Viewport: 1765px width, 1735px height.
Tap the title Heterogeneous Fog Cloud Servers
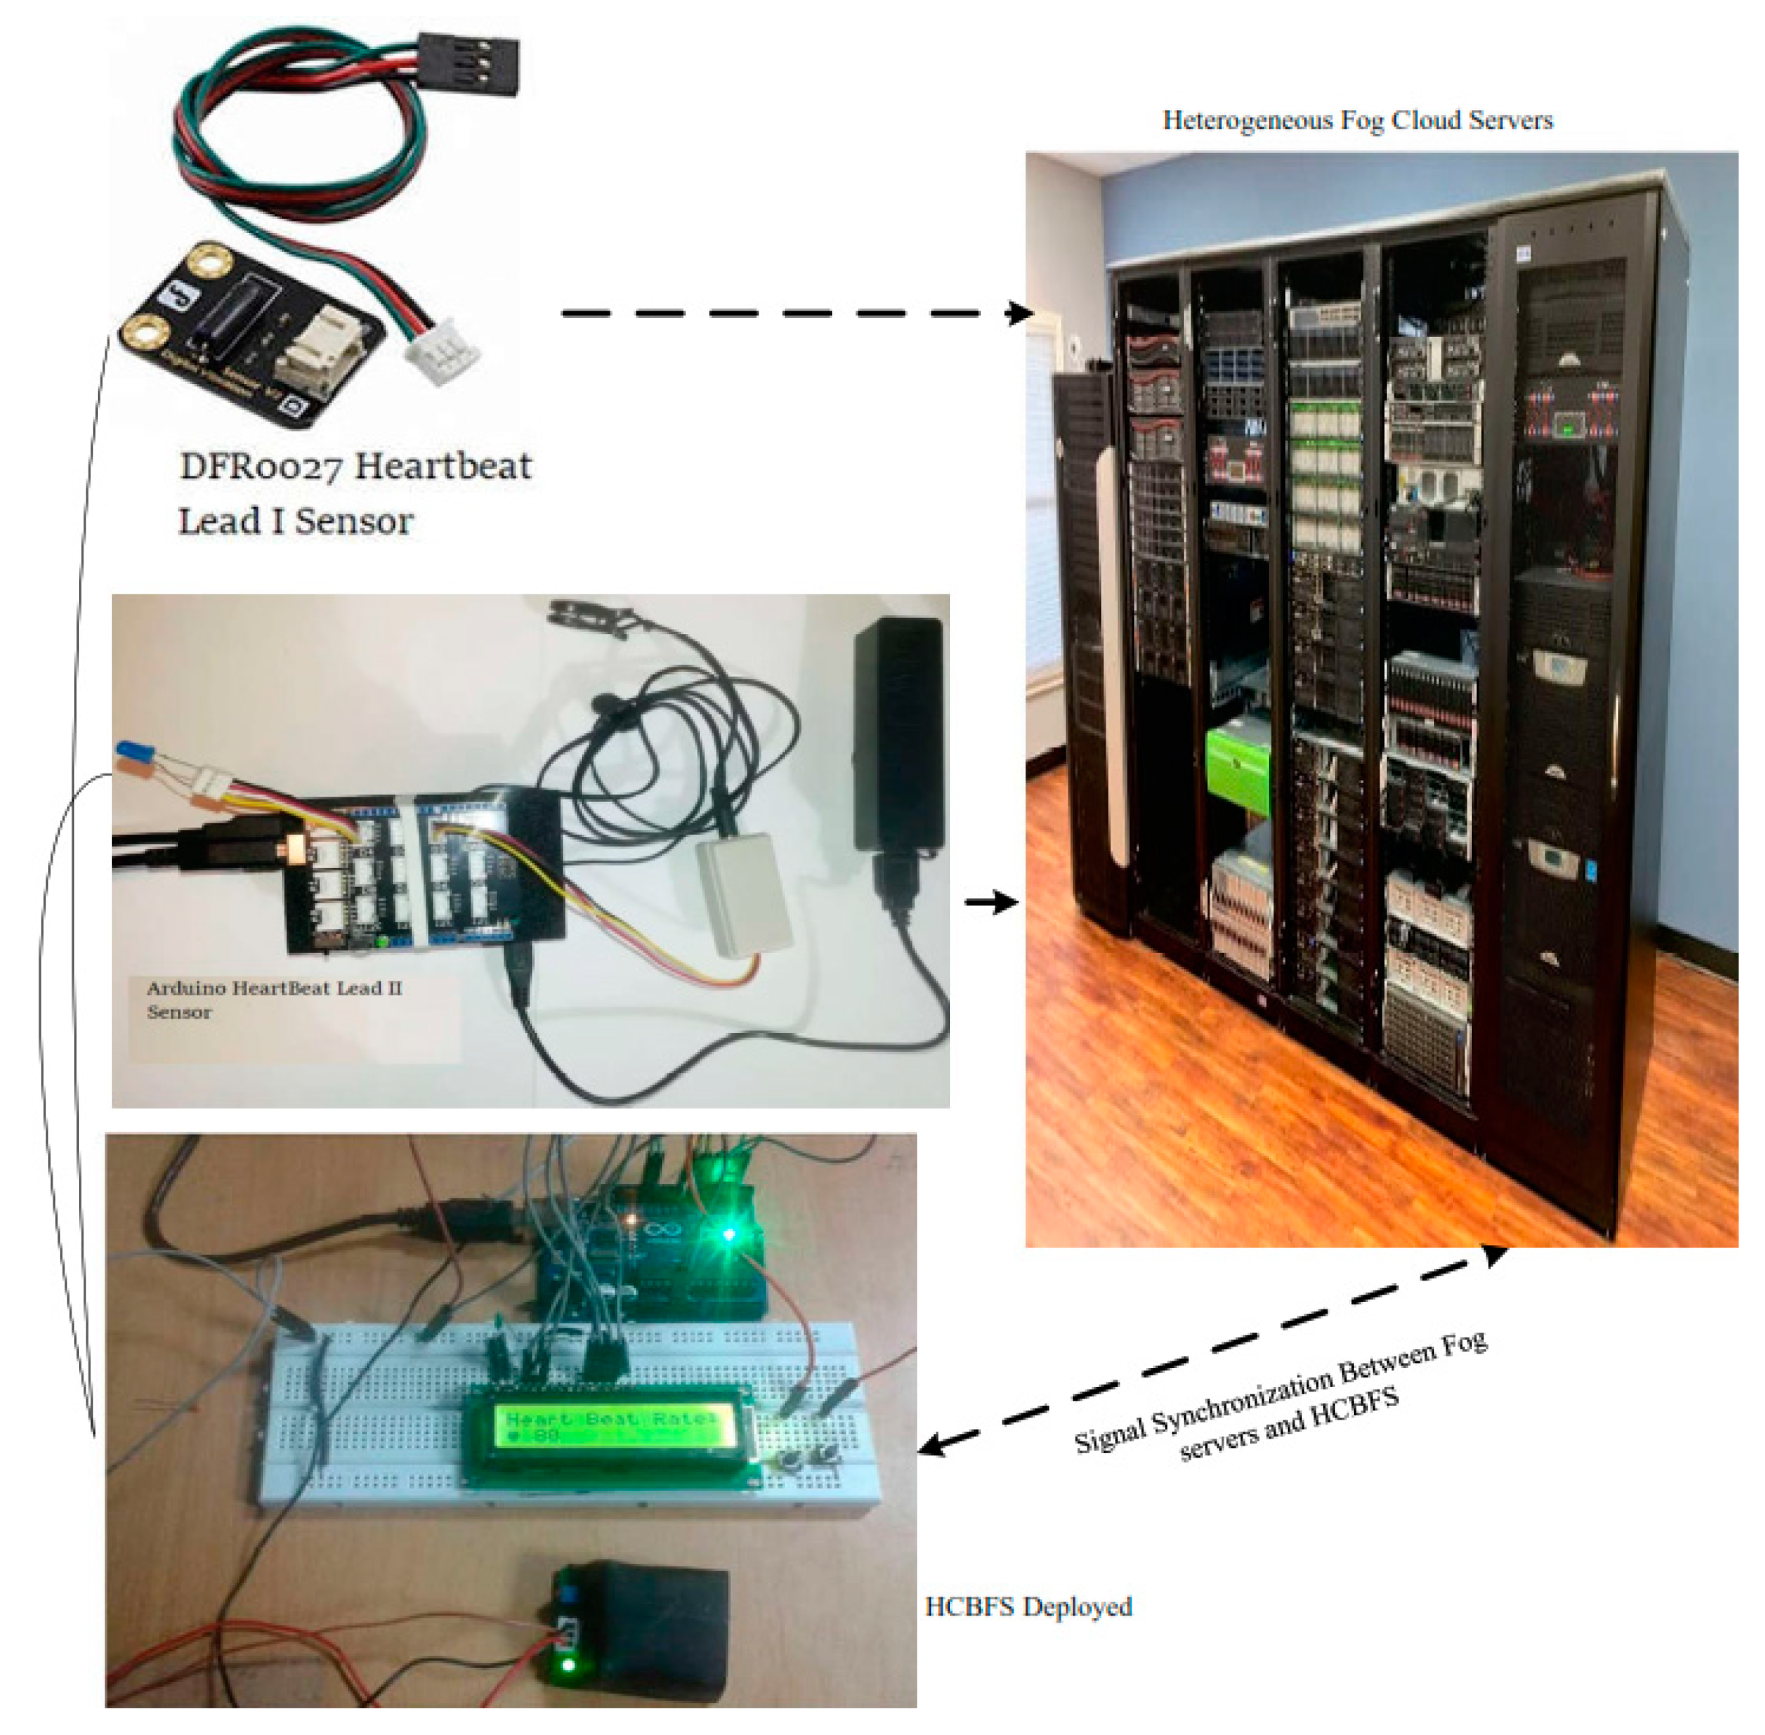click(1356, 120)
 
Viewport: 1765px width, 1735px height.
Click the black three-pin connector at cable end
click(469, 62)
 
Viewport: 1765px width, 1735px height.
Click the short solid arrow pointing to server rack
click(990, 901)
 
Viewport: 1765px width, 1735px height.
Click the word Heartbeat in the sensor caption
click(442, 467)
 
